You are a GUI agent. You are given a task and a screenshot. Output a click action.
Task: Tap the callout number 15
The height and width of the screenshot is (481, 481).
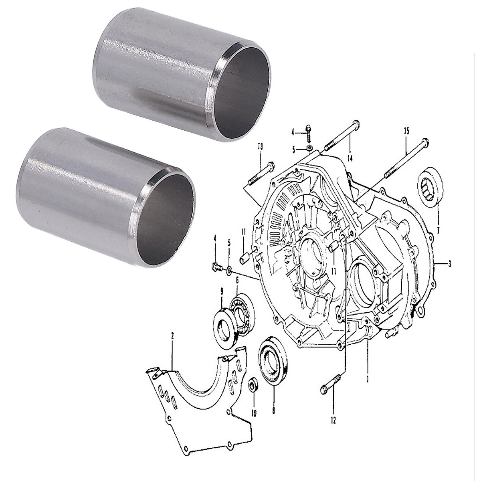tap(407, 131)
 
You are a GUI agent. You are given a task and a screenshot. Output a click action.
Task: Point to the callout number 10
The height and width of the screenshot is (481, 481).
tap(254, 412)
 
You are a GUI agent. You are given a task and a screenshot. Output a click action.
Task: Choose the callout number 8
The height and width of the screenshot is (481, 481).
tap(274, 410)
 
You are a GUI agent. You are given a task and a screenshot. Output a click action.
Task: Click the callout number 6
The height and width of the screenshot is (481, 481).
tap(237, 279)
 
